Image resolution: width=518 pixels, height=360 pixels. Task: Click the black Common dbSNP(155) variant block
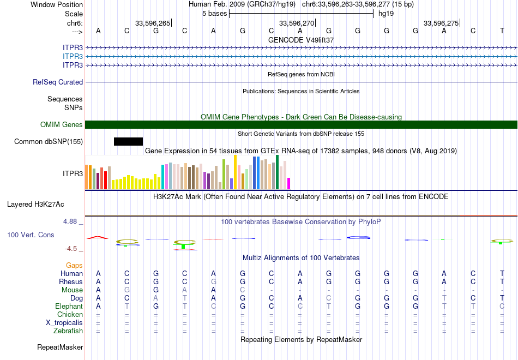pyautogui.click(x=128, y=142)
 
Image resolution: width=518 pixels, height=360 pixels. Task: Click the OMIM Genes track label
pyautogui.click(x=62, y=125)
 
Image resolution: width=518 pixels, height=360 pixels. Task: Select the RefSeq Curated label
pyautogui.click(x=58, y=82)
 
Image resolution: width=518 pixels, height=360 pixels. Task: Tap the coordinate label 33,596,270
pyautogui.click(x=297, y=23)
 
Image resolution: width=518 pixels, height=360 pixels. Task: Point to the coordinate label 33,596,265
pyautogui.click(x=153, y=23)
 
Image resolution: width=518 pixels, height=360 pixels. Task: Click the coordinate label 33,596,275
pyautogui.click(x=441, y=23)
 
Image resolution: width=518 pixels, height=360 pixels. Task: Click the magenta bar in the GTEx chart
pyautogui.click(x=289, y=183)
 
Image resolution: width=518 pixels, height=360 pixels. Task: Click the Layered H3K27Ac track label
pyautogui.click(x=35, y=205)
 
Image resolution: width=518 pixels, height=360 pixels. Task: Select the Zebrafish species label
pyautogui.click(x=68, y=331)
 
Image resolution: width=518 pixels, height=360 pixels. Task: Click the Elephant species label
pyautogui.click(x=69, y=307)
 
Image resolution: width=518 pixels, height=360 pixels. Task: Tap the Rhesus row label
pyautogui.click(x=71, y=282)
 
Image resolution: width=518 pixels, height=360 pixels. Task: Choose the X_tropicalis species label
pyautogui.click(x=64, y=323)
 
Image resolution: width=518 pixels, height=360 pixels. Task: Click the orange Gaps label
pyautogui.click(x=74, y=265)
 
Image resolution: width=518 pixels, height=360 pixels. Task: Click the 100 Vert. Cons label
pyautogui.click(x=31, y=235)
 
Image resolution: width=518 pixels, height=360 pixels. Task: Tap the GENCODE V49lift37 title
pyautogui.click(x=301, y=40)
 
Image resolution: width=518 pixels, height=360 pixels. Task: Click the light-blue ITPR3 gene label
pyautogui.click(x=73, y=56)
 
